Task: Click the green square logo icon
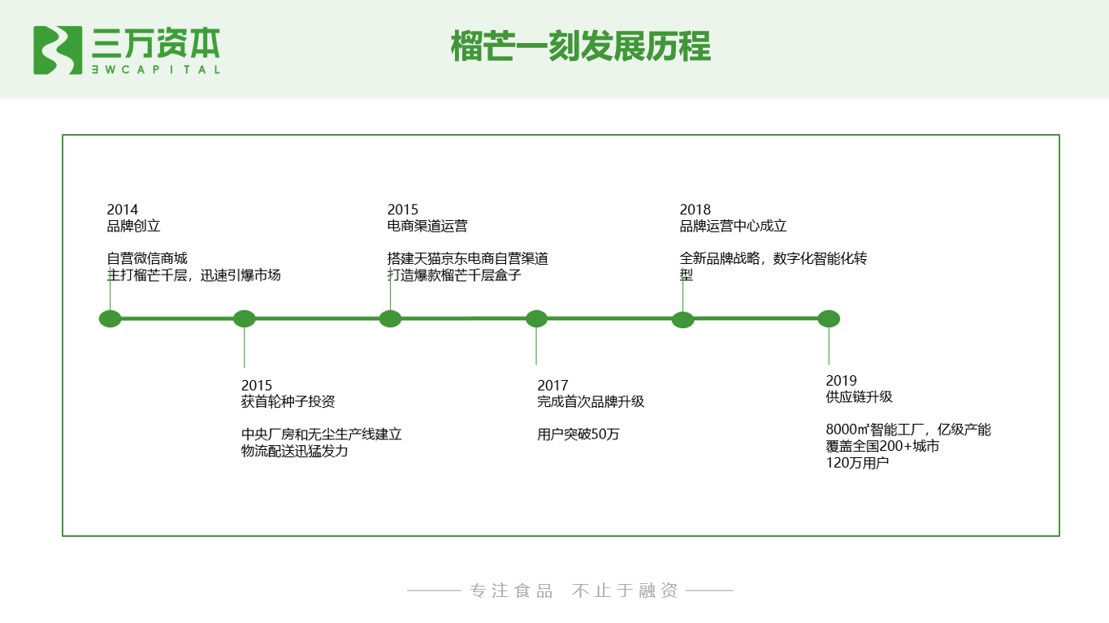pos(58,50)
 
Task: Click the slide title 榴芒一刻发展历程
pos(581,46)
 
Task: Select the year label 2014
pos(123,210)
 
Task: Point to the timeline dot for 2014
pos(110,318)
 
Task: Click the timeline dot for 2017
pos(536,318)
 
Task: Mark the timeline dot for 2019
pos(829,318)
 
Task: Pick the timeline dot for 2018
pos(682,318)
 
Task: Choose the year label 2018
pos(695,210)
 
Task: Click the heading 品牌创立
pos(134,226)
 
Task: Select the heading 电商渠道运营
pos(427,226)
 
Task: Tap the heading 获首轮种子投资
pos(288,401)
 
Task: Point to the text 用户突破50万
pos(578,434)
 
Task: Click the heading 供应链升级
pos(859,396)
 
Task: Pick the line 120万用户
pos(857,463)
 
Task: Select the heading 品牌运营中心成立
pos(733,226)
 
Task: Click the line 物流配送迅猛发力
pos(295,451)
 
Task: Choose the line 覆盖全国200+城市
pos(882,446)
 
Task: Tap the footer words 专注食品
pos(511,591)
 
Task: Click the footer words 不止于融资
pos(625,591)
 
